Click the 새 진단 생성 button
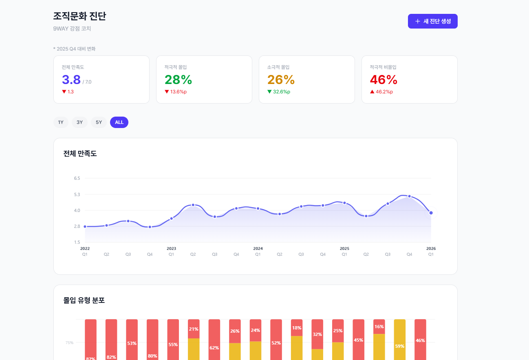(432, 21)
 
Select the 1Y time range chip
(61, 122)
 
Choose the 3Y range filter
(79, 122)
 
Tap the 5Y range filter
(99, 122)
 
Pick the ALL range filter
(119, 122)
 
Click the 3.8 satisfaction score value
(71, 80)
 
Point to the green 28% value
(178, 80)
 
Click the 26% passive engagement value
(281, 80)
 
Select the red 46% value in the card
(384, 80)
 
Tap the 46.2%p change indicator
(384, 92)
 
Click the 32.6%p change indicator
(281, 92)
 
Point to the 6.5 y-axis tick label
(77, 178)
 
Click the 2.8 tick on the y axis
(77, 226)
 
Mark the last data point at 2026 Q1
(431, 213)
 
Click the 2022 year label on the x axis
(85, 248)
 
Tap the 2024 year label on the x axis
(258, 248)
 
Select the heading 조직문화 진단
(79, 16)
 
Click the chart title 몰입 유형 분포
(84, 300)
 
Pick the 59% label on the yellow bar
(399, 346)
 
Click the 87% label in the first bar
(90, 358)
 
